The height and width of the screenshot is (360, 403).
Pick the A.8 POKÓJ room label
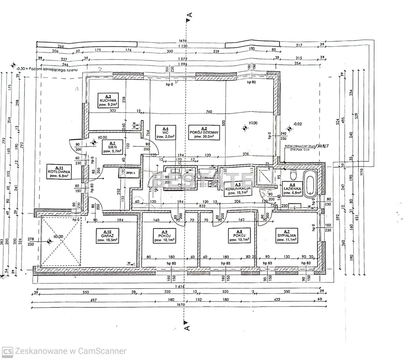pyautogui.click(x=239, y=235)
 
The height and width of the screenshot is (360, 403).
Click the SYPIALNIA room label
pyautogui.click(x=287, y=235)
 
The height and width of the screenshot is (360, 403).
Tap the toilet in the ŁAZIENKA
pyautogui.click(x=294, y=174)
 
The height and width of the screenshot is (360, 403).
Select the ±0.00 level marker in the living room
pyautogui.click(x=245, y=127)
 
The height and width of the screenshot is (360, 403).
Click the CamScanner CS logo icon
pyautogui.click(x=8, y=351)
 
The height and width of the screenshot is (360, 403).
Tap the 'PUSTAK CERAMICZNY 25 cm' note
pyautogui.click(x=299, y=146)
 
